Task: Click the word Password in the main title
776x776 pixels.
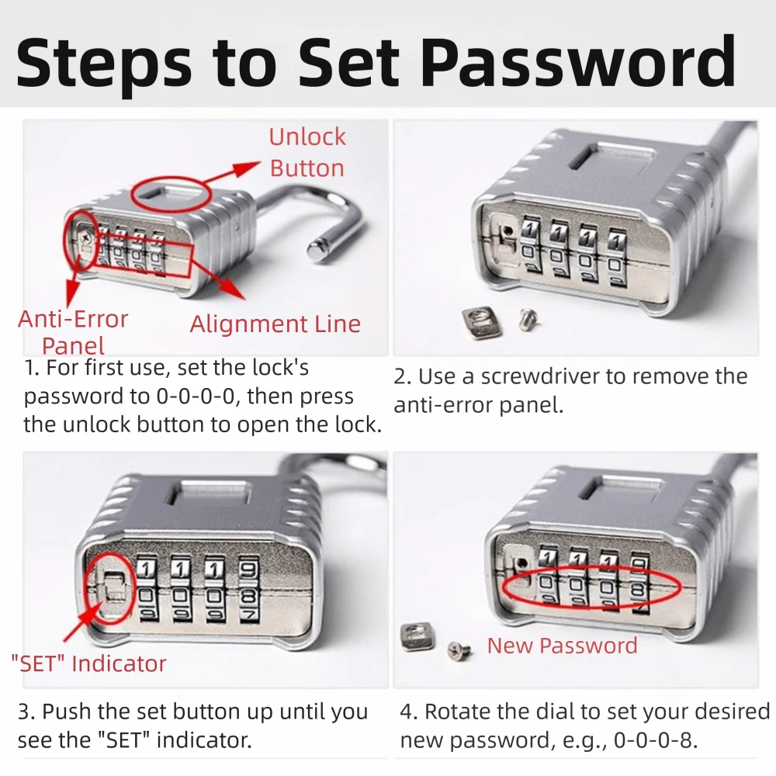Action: coord(578,63)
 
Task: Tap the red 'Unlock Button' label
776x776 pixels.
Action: coord(307,152)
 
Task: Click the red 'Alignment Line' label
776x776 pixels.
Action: coord(275,324)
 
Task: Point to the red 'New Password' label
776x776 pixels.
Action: coord(562,646)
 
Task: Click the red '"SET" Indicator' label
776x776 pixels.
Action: coord(88,663)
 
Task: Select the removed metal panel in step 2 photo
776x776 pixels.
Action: coord(480,323)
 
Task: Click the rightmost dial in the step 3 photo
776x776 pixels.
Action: coord(249,590)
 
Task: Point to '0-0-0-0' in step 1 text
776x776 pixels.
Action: coord(195,397)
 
